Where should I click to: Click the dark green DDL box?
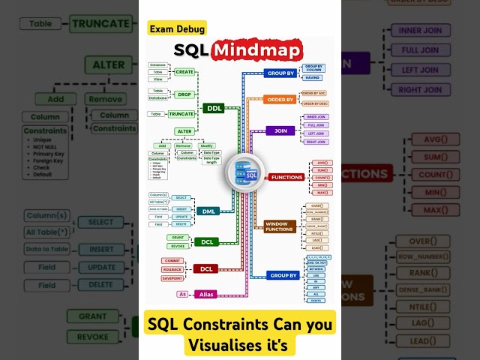pyautogui.click(x=213, y=108)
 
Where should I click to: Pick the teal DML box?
pyautogui.click(x=208, y=211)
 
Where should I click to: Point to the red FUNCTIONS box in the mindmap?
pyautogui.click(x=286, y=177)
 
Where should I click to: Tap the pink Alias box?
pyautogui.click(x=205, y=294)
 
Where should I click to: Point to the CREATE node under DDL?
pyautogui.click(x=185, y=72)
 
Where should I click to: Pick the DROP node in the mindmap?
pyautogui.click(x=185, y=94)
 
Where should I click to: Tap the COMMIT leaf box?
pyautogui.click(x=172, y=260)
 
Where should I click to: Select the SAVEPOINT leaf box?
pyautogui.click(x=172, y=278)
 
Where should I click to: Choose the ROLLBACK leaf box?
pyautogui.click(x=172, y=269)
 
